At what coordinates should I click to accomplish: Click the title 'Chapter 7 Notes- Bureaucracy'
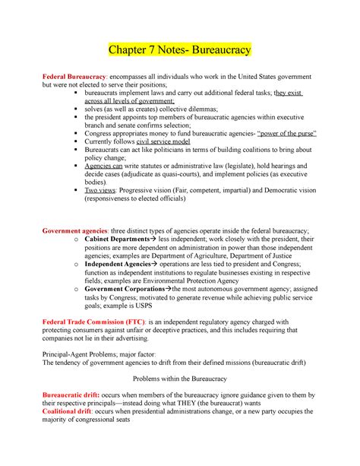pyautogui.click(x=180, y=51)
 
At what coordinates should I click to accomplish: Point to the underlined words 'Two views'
pyautogui.click(x=103, y=191)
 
